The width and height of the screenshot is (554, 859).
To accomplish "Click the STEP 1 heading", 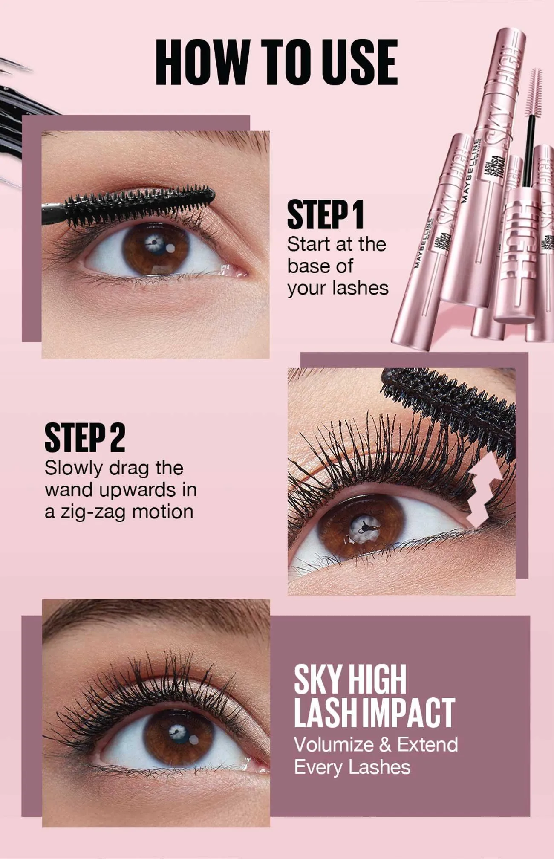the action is tap(326, 214).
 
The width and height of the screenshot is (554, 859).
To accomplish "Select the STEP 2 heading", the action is tap(85, 437).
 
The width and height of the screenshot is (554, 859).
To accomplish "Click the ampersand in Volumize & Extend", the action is tap(385, 745).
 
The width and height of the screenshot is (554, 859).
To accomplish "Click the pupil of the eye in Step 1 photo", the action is tap(156, 246).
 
